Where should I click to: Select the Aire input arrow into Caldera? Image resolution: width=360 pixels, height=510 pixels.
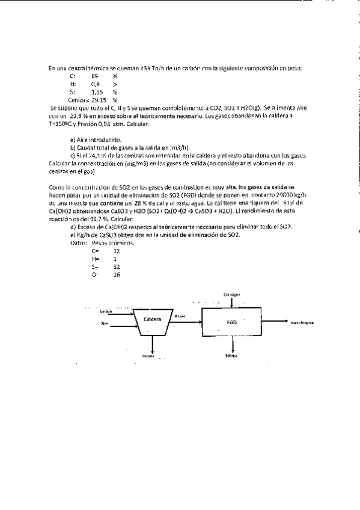pyautogui.click(x=121, y=325)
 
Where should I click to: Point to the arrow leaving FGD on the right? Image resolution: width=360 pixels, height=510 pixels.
pyautogui.click(x=279, y=322)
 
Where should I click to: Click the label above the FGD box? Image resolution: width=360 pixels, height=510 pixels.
pyautogui.click(x=231, y=294)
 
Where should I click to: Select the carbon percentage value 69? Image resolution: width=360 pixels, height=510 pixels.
pyautogui.click(x=95, y=76)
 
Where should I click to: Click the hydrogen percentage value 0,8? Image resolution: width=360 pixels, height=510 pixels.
pyautogui.click(x=96, y=84)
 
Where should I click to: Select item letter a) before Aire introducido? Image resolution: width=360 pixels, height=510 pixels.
pyautogui.click(x=72, y=139)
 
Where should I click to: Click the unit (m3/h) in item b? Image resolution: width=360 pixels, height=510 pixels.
pyautogui.click(x=181, y=147)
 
